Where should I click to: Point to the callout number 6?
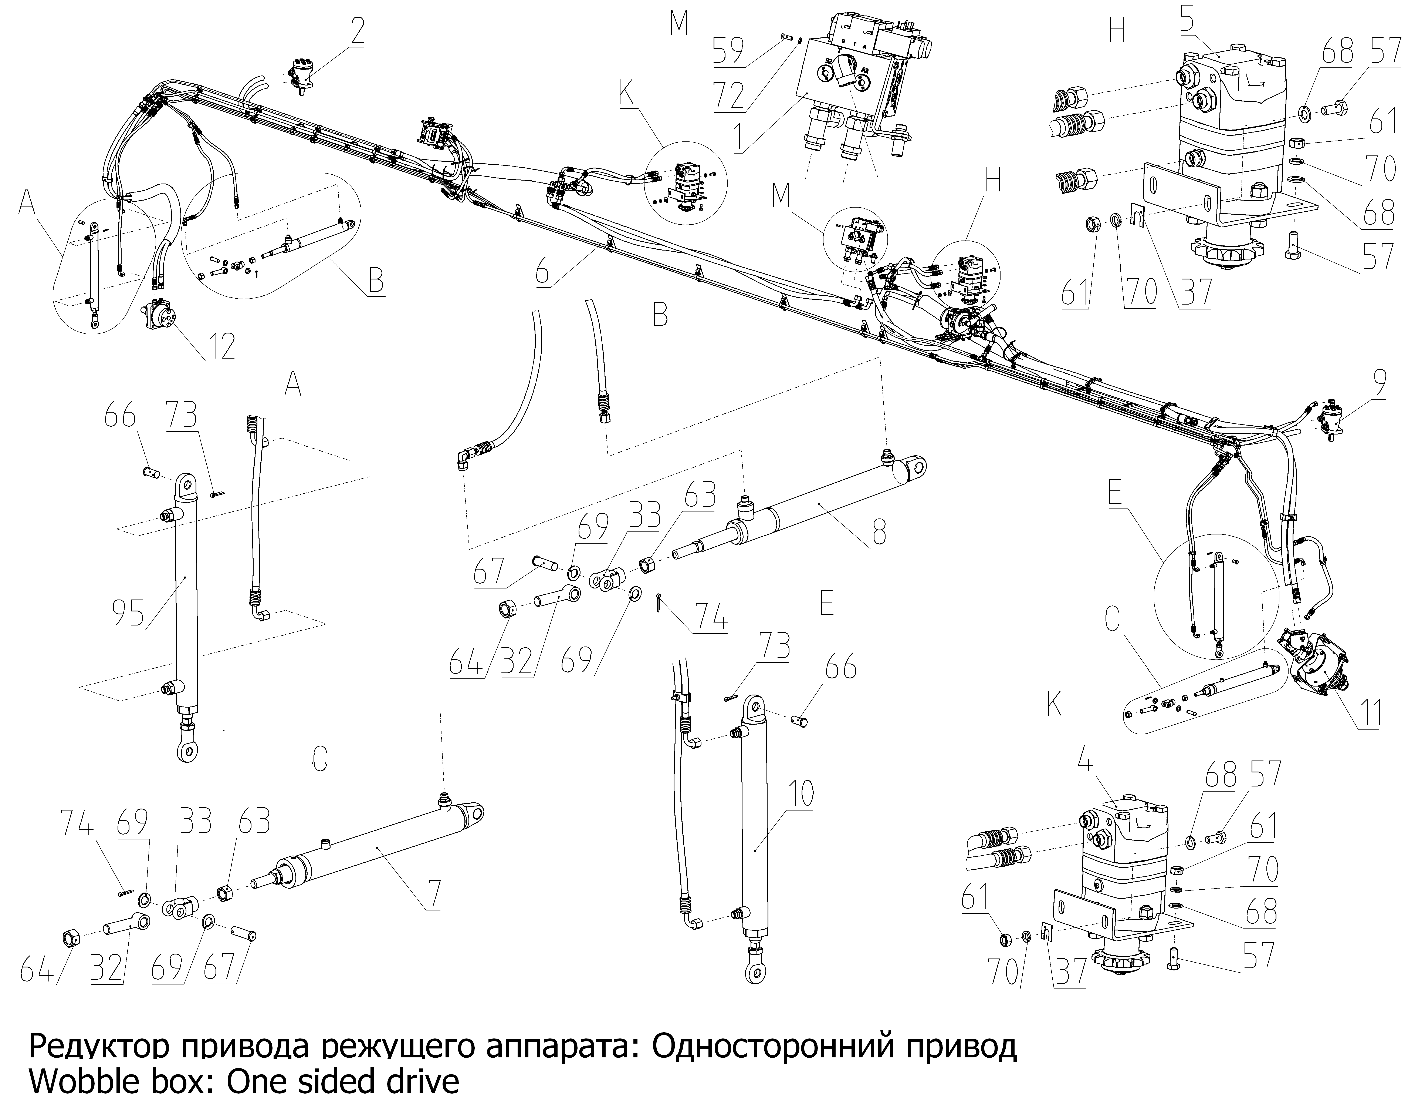[x=543, y=272]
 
